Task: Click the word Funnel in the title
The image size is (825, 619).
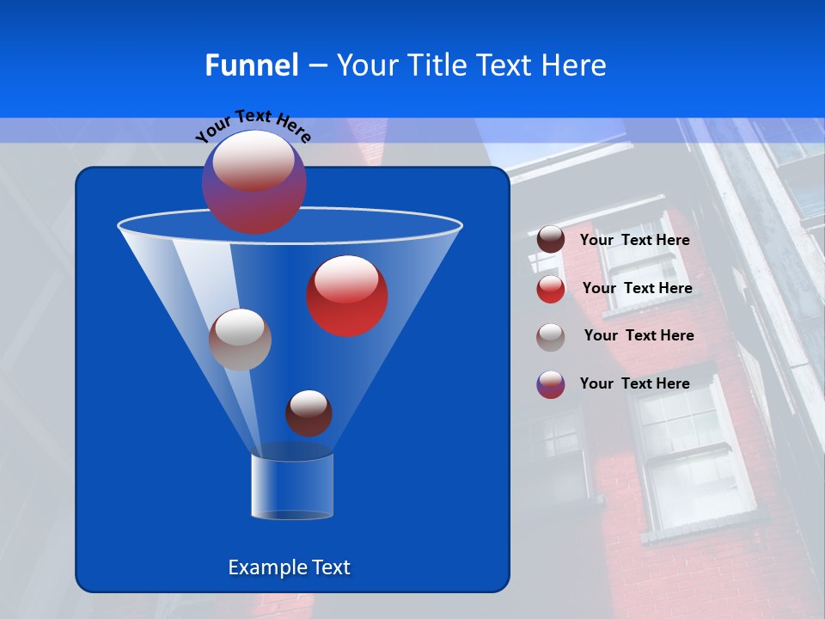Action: pyautogui.click(x=252, y=65)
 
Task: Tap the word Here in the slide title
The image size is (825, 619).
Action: pyautogui.click(x=574, y=65)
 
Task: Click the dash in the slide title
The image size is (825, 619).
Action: pyautogui.click(x=316, y=66)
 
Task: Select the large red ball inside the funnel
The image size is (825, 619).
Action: pyautogui.click(x=347, y=296)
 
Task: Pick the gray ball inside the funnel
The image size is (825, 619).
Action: pyautogui.click(x=240, y=340)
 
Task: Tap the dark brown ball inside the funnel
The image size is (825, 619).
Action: pyautogui.click(x=309, y=413)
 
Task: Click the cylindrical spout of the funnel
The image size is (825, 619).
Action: pyautogui.click(x=292, y=486)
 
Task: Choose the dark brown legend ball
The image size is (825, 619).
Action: pyautogui.click(x=551, y=239)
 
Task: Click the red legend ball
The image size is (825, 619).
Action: pyautogui.click(x=551, y=289)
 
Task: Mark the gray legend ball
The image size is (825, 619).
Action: pyautogui.click(x=551, y=337)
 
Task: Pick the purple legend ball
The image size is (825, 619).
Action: pyautogui.click(x=551, y=384)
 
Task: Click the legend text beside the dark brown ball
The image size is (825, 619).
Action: pyautogui.click(x=634, y=240)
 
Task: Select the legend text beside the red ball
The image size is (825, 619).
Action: pyautogui.click(x=637, y=288)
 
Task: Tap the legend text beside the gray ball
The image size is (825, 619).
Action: pyautogui.click(x=639, y=335)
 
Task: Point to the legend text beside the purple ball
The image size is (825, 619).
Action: pyautogui.click(x=634, y=383)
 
